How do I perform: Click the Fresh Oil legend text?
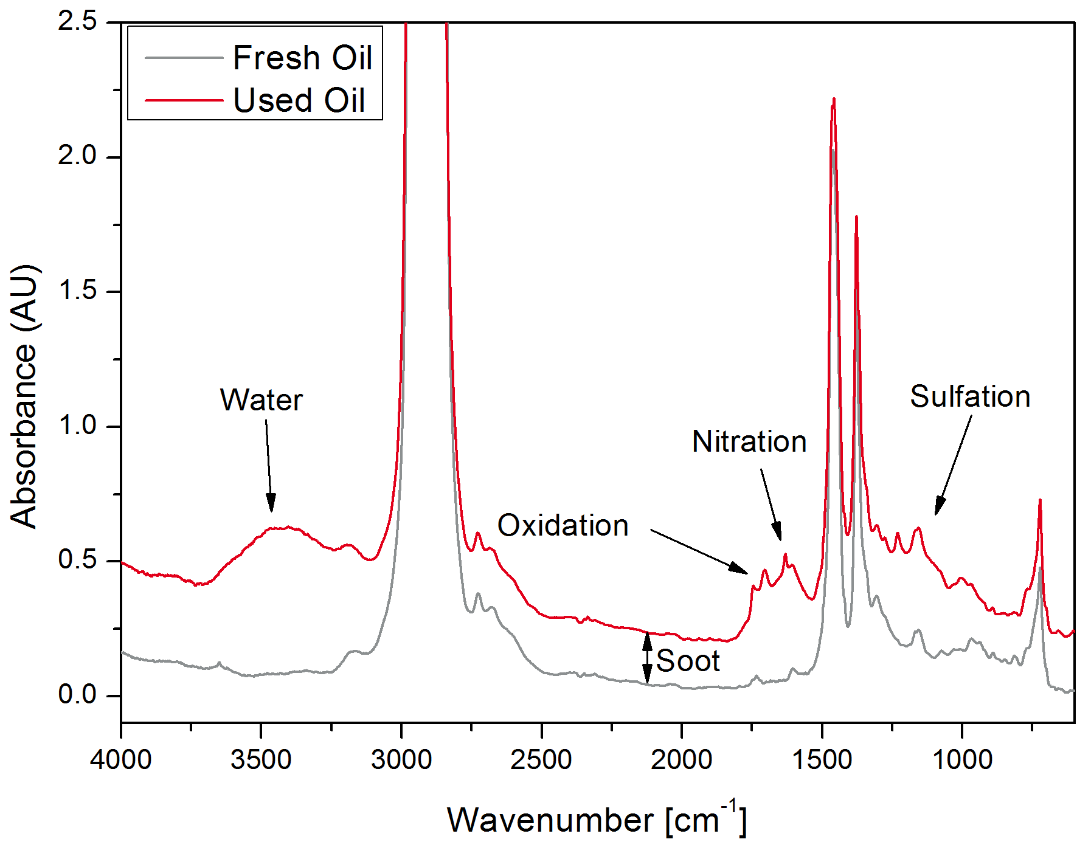(302, 58)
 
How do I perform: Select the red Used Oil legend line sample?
(184, 100)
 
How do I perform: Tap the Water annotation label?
(261, 400)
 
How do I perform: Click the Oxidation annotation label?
(563, 525)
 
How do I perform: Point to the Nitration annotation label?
(749, 441)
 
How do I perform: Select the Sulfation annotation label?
(970, 396)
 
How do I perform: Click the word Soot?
(688, 661)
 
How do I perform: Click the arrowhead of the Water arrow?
(271, 505)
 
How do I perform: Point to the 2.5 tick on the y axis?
(77, 22)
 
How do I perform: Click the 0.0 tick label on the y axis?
(77, 694)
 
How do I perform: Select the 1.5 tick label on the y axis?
(77, 291)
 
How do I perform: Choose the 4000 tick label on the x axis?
(121, 759)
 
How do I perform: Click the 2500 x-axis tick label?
(541, 759)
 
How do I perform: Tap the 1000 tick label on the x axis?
(962, 759)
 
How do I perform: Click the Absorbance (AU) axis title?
(24, 396)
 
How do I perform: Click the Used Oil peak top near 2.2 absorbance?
(834, 99)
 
